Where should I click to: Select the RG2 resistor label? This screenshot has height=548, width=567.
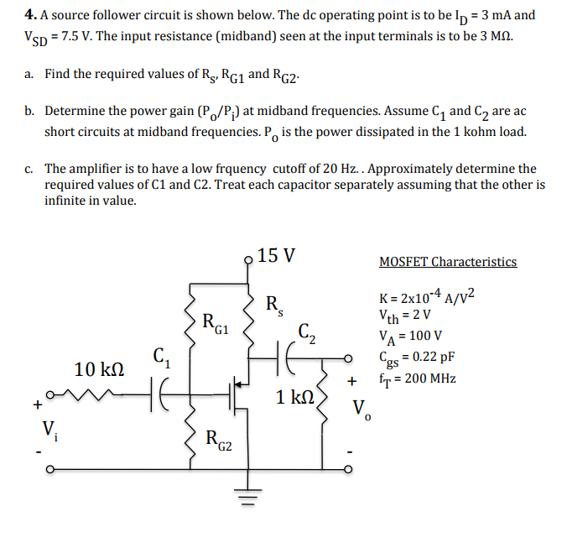(x=220, y=436)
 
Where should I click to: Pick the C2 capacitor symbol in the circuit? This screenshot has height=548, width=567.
(x=294, y=358)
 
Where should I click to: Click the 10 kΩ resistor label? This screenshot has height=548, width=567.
(x=100, y=368)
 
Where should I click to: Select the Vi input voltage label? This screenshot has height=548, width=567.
(x=49, y=429)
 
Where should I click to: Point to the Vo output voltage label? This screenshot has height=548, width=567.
(x=359, y=410)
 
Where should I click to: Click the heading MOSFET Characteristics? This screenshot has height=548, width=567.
(x=448, y=262)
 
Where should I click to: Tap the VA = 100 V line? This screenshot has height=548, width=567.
(x=411, y=337)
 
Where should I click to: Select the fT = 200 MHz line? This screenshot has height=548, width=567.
(x=418, y=378)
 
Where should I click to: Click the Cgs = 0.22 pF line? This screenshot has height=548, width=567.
(x=416, y=358)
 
